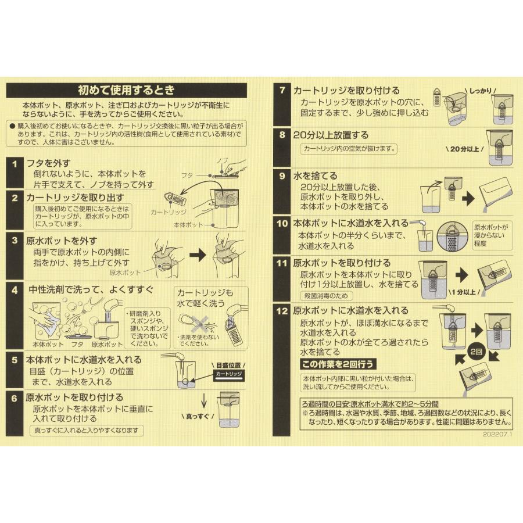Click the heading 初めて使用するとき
pyautogui.click(x=126, y=91)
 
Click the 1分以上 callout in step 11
pyautogui.click(x=463, y=293)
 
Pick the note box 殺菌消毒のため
pyautogui.click(x=327, y=296)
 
